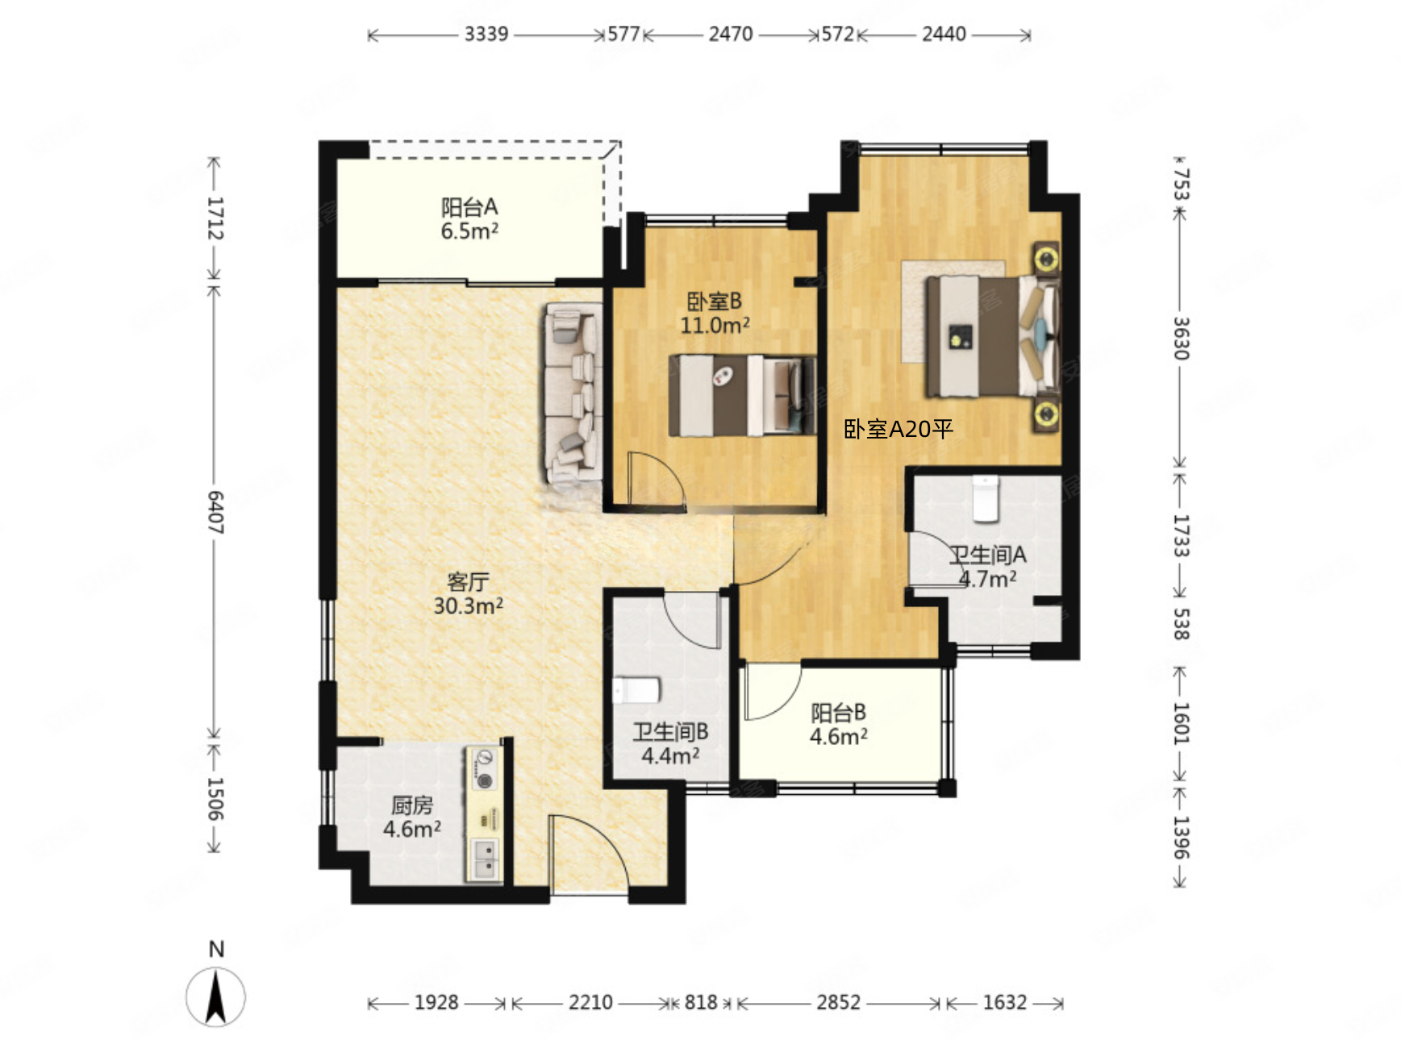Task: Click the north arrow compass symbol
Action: tap(215, 996)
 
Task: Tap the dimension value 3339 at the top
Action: tap(486, 34)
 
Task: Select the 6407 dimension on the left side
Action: tap(215, 511)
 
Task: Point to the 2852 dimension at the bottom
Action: tap(838, 1002)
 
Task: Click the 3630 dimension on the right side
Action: tap(1180, 338)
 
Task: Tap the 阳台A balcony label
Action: tap(469, 207)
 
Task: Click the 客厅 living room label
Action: tap(468, 581)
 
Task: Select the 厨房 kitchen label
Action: tap(412, 805)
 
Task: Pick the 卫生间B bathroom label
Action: tap(670, 731)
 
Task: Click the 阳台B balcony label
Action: tap(839, 713)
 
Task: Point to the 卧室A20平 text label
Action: tap(899, 429)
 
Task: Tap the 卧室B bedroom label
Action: tap(714, 302)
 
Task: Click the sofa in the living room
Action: tap(573, 394)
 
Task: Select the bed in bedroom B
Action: tap(742, 395)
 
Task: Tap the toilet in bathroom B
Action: tap(636, 690)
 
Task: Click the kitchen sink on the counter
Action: tap(485, 859)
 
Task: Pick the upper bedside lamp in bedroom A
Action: tap(1046, 259)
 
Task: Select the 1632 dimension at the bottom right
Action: tap(1004, 1002)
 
